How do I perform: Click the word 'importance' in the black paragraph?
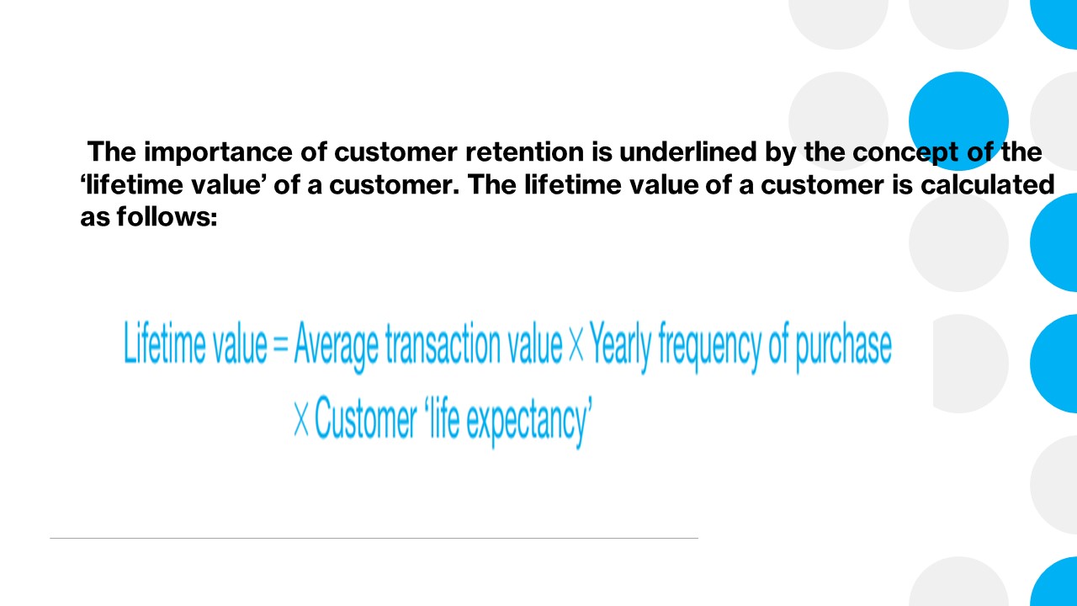tap(218, 153)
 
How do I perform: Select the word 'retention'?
tap(524, 151)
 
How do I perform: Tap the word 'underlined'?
tap(688, 151)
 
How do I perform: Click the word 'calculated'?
tap(987, 184)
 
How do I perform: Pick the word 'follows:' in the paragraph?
tap(167, 216)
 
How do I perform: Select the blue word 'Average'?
tap(336, 346)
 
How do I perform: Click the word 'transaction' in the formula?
tap(443, 343)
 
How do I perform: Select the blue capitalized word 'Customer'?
tap(365, 417)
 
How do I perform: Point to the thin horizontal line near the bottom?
tap(374, 538)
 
